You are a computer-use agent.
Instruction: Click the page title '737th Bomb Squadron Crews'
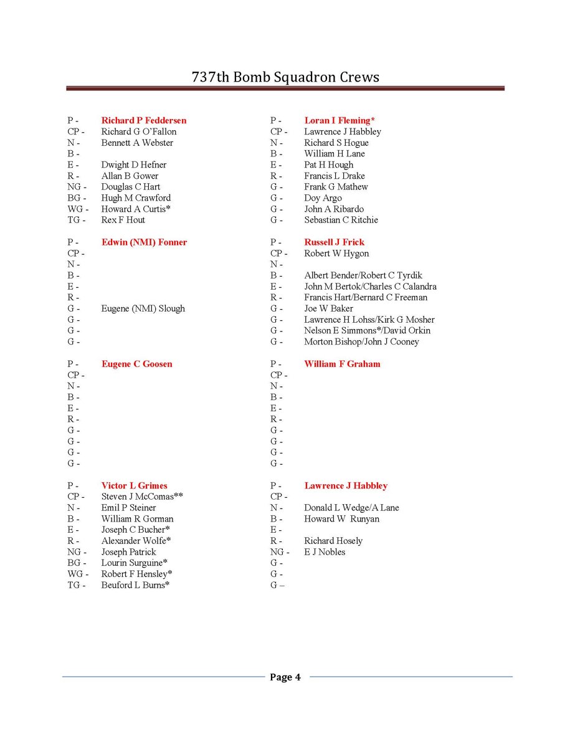(x=285, y=77)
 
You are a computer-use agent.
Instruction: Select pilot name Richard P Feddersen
(x=144, y=120)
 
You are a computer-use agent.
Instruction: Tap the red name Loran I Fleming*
(x=340, y=120)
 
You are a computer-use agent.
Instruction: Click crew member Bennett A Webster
(x=137, y=143)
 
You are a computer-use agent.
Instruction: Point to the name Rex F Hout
(x=123, y=220)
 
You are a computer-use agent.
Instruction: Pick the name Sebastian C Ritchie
(x=341, y=220)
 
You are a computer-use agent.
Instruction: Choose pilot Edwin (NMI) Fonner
(x=144, y=242)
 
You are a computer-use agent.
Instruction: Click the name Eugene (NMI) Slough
(x=143, y=308)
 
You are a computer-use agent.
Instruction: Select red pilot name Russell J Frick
(x=335, y=242)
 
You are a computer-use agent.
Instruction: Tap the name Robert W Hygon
(x=336, y=254)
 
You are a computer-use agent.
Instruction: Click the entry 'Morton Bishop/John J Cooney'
(x=361, y=341)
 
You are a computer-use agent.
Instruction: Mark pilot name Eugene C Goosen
(x=137, y=364)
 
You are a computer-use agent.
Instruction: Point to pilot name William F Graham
(x=342, y=364)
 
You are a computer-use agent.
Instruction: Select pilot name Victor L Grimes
(x=135, y=486)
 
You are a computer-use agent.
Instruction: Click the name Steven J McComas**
(x=142, y=497)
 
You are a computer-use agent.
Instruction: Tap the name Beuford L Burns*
(x=136, y=585)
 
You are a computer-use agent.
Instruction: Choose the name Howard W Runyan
(x=341, y=519)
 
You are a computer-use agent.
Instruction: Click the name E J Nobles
(x=325, y=552)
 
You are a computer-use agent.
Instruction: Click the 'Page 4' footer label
(x=285, y=677)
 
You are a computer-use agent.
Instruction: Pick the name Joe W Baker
(x=329, y=308)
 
